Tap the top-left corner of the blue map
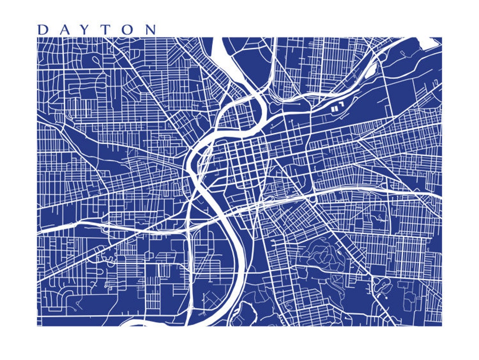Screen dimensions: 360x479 [37, 37]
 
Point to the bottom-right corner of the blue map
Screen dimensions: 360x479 [441, 326]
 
